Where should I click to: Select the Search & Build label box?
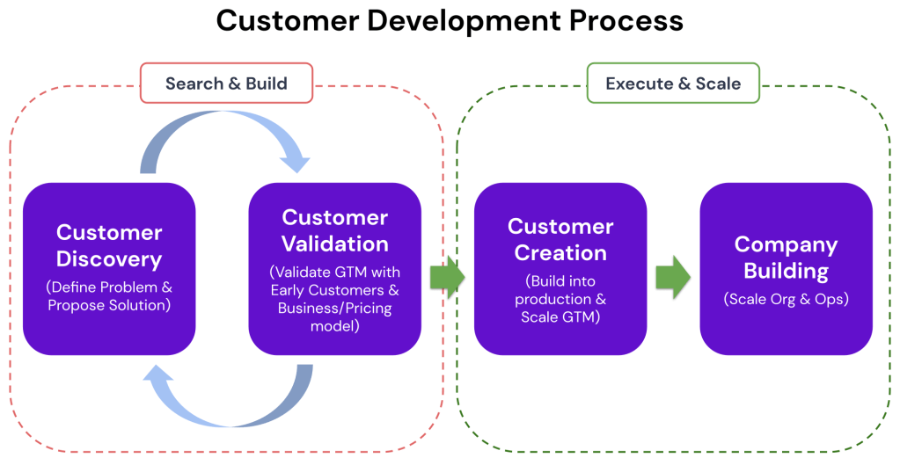pos(226,84)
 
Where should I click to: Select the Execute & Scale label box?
pos(673,84)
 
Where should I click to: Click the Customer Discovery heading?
pos(109,246)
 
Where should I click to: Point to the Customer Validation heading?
pos(334,230)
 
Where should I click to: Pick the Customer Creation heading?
pos(560,240)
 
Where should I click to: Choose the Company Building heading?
pos(786,258)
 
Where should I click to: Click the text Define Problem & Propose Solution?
pos(109,296)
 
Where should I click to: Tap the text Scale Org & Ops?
pos(786,299)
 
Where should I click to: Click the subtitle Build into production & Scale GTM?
pos(560,300)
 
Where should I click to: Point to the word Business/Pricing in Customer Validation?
pos(334,309)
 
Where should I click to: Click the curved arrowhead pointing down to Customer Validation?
pos(292,161)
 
